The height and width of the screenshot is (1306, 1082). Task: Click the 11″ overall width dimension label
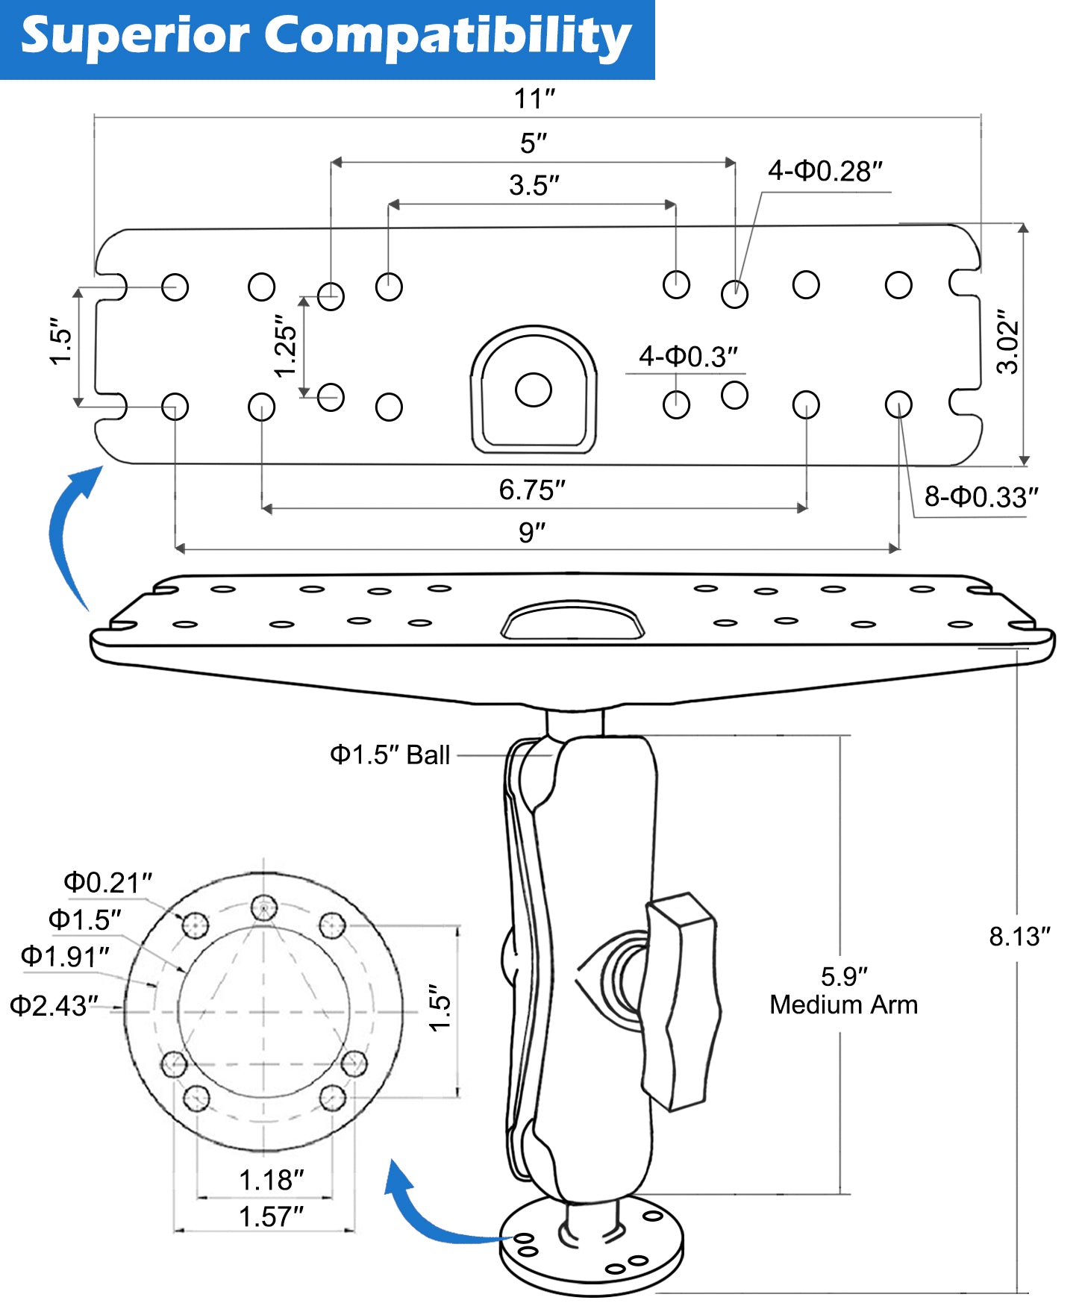534,99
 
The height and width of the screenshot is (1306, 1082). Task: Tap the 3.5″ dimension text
534,185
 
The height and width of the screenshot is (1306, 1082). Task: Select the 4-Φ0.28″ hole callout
825,171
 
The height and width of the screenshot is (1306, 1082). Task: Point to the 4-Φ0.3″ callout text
688,357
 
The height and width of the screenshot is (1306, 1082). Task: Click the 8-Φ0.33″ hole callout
981,496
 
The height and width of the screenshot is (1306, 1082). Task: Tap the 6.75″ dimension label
532,490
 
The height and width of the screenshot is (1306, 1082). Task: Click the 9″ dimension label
532,533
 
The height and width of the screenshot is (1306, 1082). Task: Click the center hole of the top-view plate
534,390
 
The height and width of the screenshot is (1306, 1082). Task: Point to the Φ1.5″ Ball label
390,754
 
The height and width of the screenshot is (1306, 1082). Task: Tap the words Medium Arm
843,1005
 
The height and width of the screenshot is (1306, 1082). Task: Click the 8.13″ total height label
1019,936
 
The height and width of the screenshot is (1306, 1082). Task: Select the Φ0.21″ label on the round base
107,882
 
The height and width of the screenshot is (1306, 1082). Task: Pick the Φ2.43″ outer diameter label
54,1005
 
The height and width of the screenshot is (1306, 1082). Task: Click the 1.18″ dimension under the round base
271,1180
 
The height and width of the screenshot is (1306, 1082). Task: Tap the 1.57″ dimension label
271,1216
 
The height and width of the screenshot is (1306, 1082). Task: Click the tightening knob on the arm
681,1000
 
